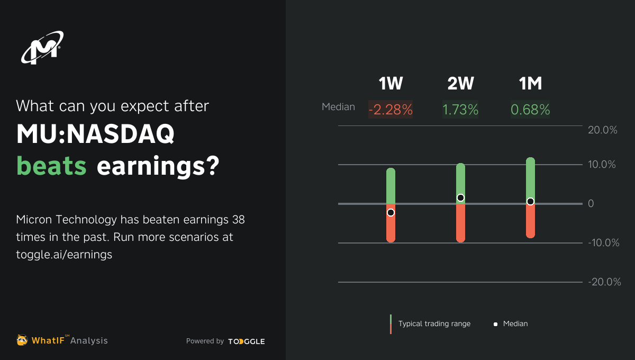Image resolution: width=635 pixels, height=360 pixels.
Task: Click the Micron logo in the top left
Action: coord(42,48)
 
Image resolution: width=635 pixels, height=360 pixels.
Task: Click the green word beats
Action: coord(51,166)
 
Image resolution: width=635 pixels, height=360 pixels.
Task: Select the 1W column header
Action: coord(391,84)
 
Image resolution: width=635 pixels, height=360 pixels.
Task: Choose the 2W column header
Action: coord(460,84)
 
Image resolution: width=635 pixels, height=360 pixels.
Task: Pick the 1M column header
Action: coord(530,84)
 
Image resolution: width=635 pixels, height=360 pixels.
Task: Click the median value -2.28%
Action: coord(391,110)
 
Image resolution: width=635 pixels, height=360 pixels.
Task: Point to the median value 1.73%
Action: coord(460,110)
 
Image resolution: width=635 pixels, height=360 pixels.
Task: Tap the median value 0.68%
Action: coord(530,110)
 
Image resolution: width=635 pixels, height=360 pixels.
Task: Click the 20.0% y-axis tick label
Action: coord(603,130)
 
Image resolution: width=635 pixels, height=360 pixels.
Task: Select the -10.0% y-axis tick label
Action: coord(603,243)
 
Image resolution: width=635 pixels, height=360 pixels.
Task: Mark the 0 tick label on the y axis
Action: coord(592,204)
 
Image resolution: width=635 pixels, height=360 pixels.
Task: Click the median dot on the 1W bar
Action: coord(391,212)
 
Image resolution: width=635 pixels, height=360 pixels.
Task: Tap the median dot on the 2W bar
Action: coord(460,197)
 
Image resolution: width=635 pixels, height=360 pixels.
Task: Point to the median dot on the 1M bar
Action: coord(530,201)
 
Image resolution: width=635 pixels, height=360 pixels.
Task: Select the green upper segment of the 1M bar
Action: coord(530,177)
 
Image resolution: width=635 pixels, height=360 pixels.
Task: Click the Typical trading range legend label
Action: coord(434,323)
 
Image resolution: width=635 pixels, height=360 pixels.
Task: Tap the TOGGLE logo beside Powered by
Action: coord(247,341)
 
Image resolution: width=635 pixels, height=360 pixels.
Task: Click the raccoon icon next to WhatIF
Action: coord(22,340)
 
